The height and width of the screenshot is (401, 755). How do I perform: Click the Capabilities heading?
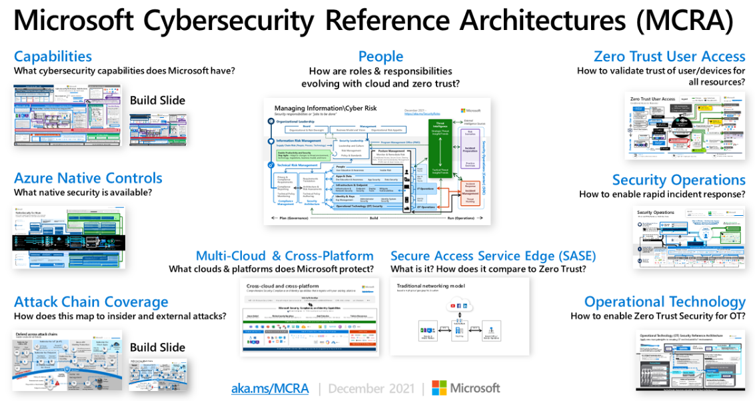[53, 56]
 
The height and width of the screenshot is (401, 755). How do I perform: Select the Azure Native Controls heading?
[88, 178]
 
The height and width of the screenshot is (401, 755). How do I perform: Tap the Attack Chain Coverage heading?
[91, 302]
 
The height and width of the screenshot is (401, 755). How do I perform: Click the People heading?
[380, 56]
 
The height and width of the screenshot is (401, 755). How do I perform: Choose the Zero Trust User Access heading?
[669, 56]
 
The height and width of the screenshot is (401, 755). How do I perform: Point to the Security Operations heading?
[678, 180]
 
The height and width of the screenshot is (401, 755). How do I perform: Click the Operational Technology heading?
[664, 302]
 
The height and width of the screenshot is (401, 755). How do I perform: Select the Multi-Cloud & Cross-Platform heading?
[285, 256]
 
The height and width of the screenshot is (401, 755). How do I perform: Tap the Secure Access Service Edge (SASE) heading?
[493, 256]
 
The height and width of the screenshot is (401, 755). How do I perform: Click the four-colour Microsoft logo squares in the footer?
[439, 388]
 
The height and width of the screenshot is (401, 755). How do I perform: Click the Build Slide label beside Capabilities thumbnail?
[157, 101]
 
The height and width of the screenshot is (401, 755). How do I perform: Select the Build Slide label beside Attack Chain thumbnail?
[157, 347]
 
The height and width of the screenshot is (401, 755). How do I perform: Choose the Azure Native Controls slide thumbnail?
[69, 237]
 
